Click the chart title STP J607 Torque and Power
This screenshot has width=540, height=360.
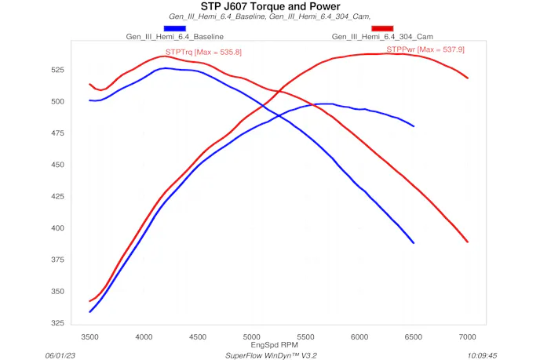pyautogui.click(x=270, y=6)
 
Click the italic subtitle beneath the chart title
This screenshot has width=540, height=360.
pyautogui.click(x=270, y=16)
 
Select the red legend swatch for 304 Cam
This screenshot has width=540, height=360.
pyautogui.click(x=382, y=28)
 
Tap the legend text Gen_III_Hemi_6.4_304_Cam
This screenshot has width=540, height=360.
pyautogui.click(x=383, y=37)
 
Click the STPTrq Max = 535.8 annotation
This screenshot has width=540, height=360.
pyautogui.click(x=203, y=52)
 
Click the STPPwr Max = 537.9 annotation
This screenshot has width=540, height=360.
pyautogui.click(x=425, y=49)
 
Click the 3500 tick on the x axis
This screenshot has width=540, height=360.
pyautogui.click(x=90, y=336)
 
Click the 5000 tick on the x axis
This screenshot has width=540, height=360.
pyautogui.click(x=252, y=336)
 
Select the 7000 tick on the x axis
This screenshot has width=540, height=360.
pyautogui.click(x=468, y=336)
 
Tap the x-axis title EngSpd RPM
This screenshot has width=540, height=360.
pyautogui.click(x=274, y=344)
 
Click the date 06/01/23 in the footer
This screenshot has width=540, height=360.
pyautogui.click(x=61, y=355)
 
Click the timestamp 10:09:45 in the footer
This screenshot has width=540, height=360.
pyautogui.click(x=482, y=355)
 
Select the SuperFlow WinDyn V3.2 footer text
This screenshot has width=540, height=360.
pyautogui.click(x=271, y=355)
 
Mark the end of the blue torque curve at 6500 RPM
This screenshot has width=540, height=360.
pyautogui.click(x=414, y=243)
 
